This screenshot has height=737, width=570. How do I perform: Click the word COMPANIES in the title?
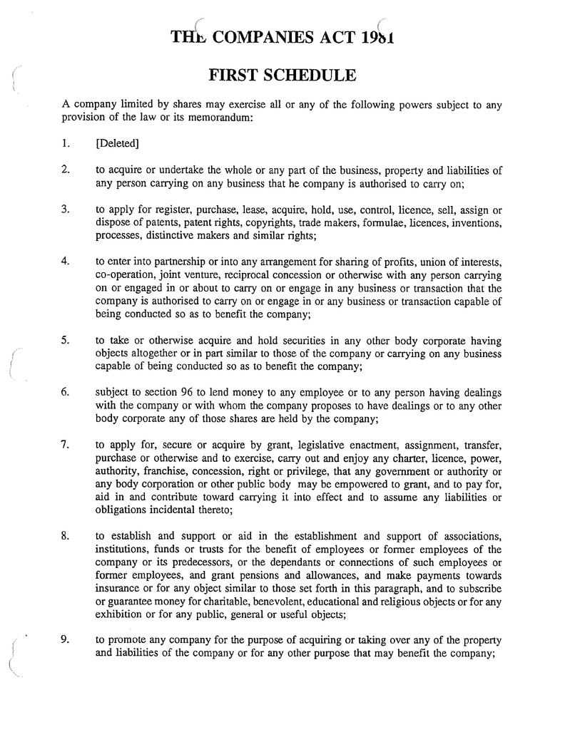click(x=268, y=36)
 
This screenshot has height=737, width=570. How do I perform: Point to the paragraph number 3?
click(x=65, y=210)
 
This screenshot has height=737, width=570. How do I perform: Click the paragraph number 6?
click(x=65, y=393)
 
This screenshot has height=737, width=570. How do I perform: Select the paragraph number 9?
click(x=65, y=639)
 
